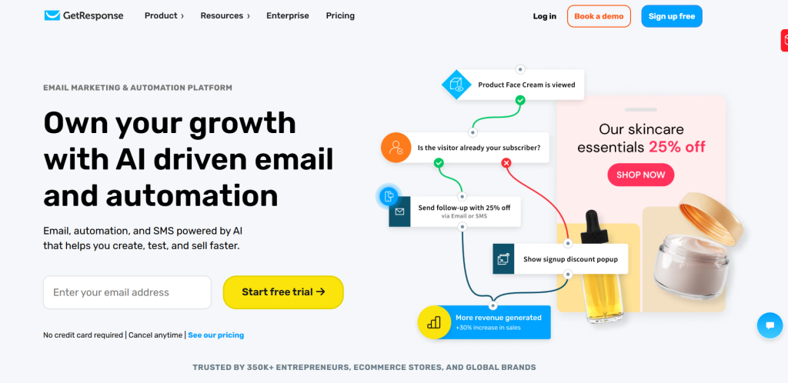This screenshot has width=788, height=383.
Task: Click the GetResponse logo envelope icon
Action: (x=52, y=15)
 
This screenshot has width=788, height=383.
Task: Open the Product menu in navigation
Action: (x=164, y=15)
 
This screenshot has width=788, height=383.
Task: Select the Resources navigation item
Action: (x=225, y=15)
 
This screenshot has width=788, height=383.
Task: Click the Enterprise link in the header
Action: (x=288, y=15)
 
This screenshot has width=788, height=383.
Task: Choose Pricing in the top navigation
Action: (x=340, y=15)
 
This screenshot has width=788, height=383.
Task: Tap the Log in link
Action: (x=545, y=16)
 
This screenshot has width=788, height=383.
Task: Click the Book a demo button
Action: (x=599, y=16)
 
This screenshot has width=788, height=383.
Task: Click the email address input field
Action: (x=127, y=292)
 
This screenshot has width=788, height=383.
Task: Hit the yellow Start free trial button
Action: (x=283, y=292)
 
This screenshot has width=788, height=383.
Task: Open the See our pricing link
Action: (x=216, y=335)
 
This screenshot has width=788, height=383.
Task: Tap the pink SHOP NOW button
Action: (x=641, y=175)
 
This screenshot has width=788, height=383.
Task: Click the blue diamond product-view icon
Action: (x=456, y=85)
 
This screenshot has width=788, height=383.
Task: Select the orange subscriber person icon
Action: (x=396, y=148)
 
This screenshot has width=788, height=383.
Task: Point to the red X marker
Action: (x=506, y=162)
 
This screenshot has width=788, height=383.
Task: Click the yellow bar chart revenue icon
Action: (x=434, y=322)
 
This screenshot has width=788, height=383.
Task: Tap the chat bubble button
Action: (x=770, y=325)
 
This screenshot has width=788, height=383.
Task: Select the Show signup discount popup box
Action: (x=560, y=259)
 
